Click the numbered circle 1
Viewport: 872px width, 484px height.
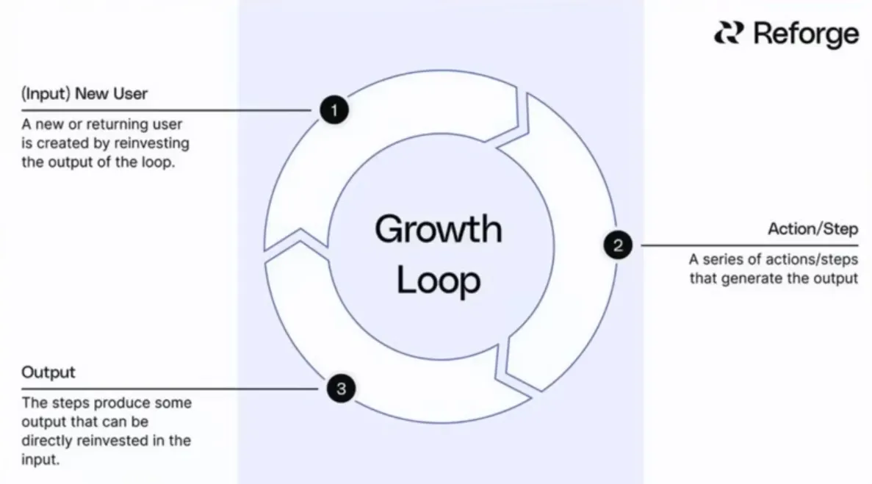click(x=334, y=111)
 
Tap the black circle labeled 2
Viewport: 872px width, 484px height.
click(x=618, y=245)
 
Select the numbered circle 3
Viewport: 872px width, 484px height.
click(x=341, y=389)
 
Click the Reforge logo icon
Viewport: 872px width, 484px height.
click(x=729, y=34)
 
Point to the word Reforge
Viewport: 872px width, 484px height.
click(x=806, y=34)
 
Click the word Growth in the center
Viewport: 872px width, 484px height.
click(x=439, y=230)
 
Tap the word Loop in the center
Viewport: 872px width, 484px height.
click(x=439, y=281)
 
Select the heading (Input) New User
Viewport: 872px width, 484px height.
click(x=84, y=94)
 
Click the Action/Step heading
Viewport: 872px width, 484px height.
click(x=812, y=228)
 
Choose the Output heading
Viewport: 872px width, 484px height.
click(x=48, y=372)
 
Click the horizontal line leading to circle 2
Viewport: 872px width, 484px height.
click(x=749, y=245)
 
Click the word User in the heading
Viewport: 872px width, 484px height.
click(x=131, y=94)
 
